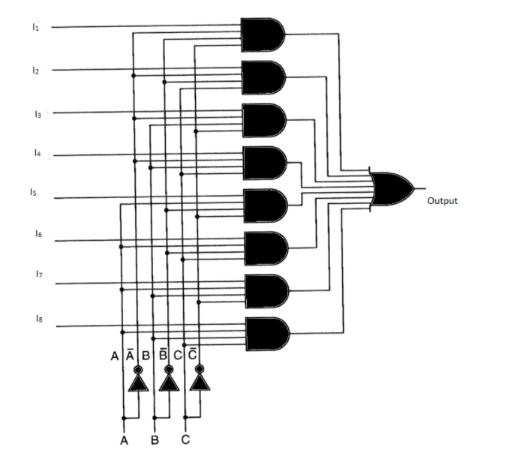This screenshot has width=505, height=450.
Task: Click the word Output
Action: coord(442,201)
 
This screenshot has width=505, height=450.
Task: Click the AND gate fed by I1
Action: coord(263,33)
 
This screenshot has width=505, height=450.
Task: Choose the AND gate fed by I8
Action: coord(266,334)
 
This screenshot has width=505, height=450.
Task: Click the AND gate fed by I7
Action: coord(266,291)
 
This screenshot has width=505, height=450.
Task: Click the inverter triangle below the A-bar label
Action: coord(139,383)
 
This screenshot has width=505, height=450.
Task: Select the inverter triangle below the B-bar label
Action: coord(170,383)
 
